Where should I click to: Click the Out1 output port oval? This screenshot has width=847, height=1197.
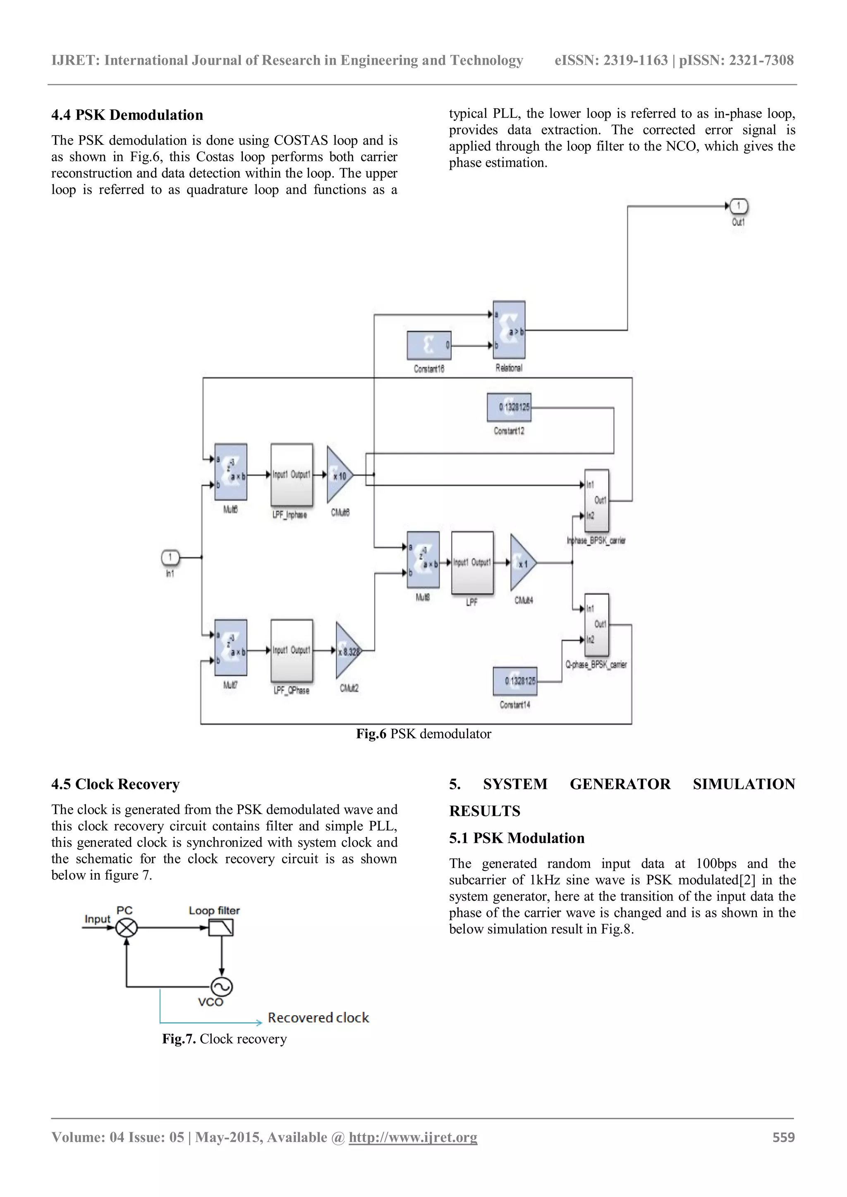(x=739, y=206)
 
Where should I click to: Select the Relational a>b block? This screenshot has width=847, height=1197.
(x=509, y=329)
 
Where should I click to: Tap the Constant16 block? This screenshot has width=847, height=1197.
(x=429, y=345)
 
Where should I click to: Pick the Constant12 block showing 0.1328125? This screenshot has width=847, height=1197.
(x=509, y=407)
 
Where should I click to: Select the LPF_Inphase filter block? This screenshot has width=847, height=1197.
(x=292, y=475)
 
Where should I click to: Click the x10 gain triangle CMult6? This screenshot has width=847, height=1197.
(x=338, y=475)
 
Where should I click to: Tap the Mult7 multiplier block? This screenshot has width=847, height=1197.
(x=230, y=648)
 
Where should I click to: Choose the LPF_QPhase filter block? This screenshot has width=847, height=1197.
(x=292, y=650)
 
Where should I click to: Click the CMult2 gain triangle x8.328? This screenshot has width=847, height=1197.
(x=347, y=651)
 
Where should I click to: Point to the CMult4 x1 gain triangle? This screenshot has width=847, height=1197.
(x=522, y=563)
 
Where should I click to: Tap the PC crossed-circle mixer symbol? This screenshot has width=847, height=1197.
(x=126, y=928)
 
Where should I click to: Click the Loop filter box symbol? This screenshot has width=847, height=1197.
(x=220, y=928)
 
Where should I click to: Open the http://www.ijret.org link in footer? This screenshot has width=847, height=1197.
(x=413, y=1137)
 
